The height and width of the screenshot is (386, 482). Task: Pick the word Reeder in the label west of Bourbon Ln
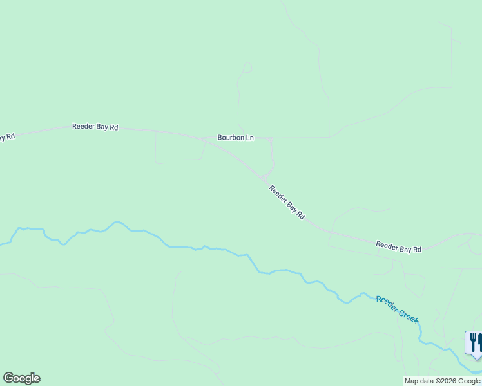[x=84, y=127]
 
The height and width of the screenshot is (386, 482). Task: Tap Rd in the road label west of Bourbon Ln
[x=114, y=127]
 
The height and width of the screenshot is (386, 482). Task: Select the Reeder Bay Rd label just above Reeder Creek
[x=398, y=247]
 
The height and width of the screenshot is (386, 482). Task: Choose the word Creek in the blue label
[x=409, y=315]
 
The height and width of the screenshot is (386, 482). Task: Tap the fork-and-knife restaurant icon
[x=474, y=343]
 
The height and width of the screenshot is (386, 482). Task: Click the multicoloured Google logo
[x=21, y=378]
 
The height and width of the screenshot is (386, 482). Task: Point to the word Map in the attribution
[x=411, y=381]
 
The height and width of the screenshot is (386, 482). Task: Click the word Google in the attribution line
[x=469, y=381]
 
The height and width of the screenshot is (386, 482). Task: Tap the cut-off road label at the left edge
[x=6, y=137]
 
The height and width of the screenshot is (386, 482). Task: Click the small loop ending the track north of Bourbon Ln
[x=247, y=68]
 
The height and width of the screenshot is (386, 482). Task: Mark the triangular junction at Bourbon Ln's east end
[x=270, y=139]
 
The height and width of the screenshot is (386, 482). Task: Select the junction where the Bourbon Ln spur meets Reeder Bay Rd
[x=264, y=178]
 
